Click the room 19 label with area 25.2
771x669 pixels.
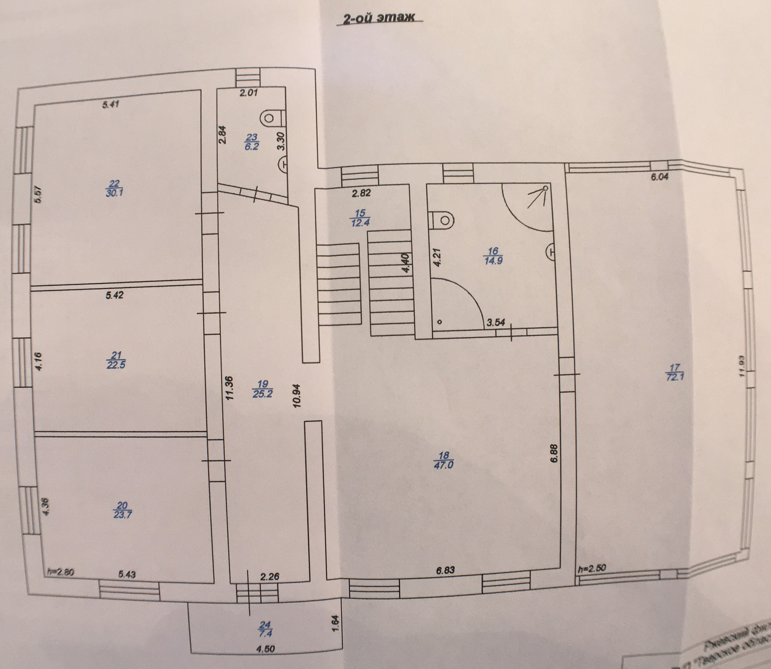tap(263, 389)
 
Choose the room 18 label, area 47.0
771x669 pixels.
tap(443, 460)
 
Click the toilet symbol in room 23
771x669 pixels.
tap(270, 118)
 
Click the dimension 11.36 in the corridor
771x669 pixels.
tap(230, 388)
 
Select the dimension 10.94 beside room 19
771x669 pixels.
tap(297, 396)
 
